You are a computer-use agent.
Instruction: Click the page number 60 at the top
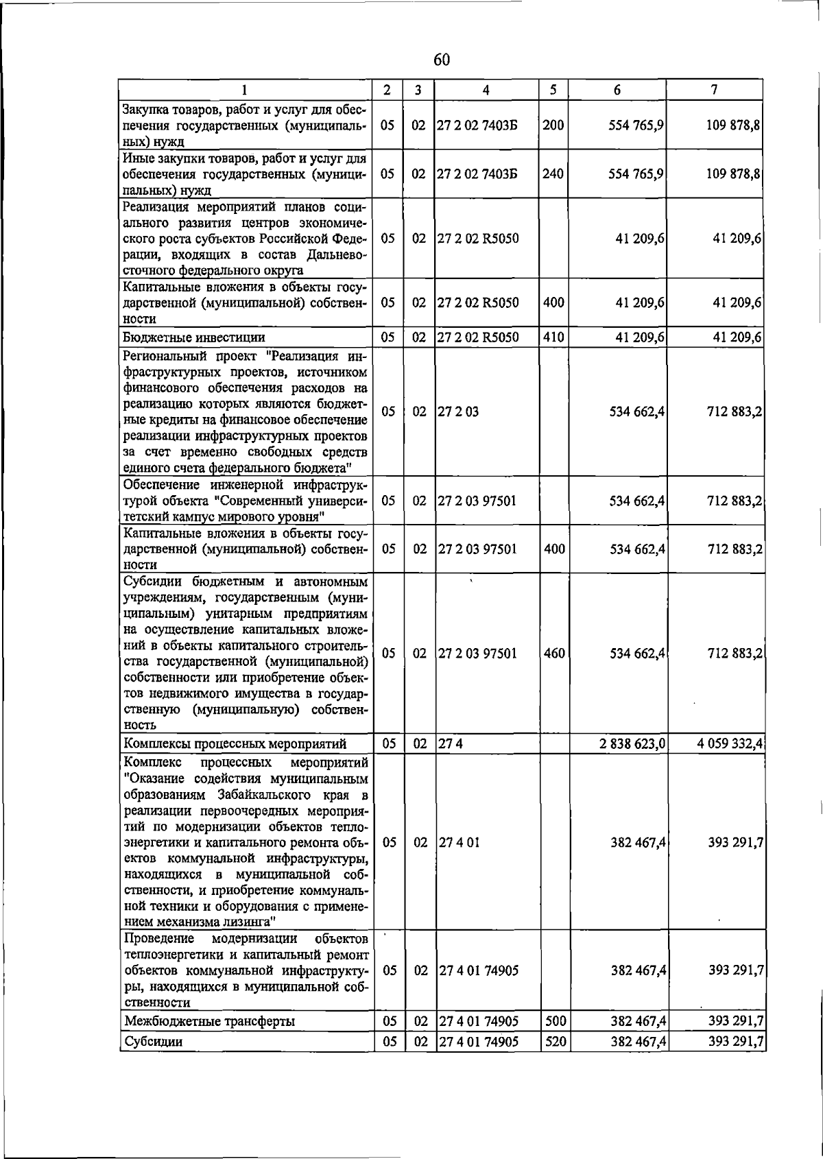point(442,60)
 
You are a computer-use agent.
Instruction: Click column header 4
point(486,90)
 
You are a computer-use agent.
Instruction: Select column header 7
point(715,90)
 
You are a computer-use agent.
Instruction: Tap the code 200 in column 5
point(553,126)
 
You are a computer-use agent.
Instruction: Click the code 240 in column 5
point(553,174)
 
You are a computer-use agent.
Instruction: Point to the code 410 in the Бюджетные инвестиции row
point(553,337)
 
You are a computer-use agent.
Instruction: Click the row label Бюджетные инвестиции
point(193,337)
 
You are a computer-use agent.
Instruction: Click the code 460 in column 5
point(553,654)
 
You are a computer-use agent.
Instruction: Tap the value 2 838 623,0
point(632,744)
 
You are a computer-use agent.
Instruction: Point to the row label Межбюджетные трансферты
point(209,1022)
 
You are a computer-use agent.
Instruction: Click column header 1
point(244,90)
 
